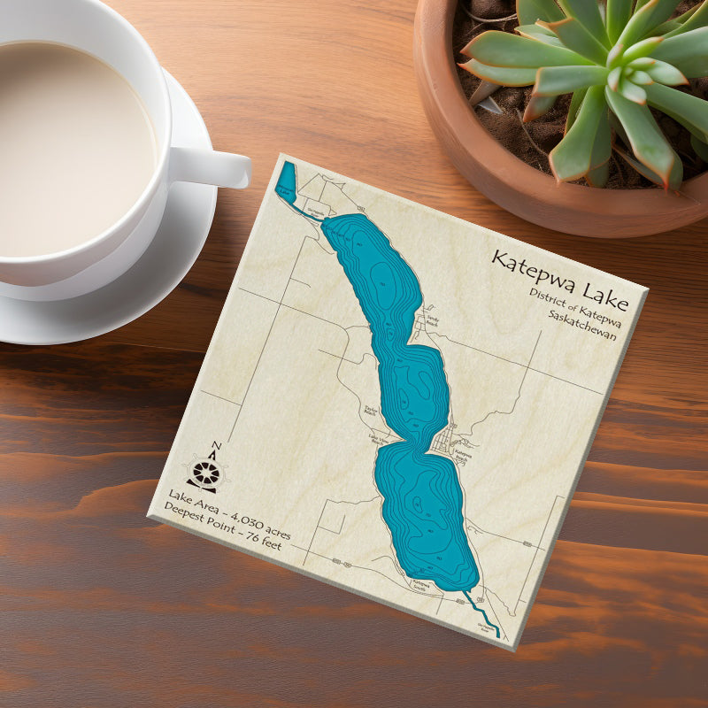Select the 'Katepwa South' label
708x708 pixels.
click(419, 584)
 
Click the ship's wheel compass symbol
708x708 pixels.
click(204, 473)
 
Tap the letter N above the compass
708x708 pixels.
click(216, 445)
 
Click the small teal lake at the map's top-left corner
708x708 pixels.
click(286, 180)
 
